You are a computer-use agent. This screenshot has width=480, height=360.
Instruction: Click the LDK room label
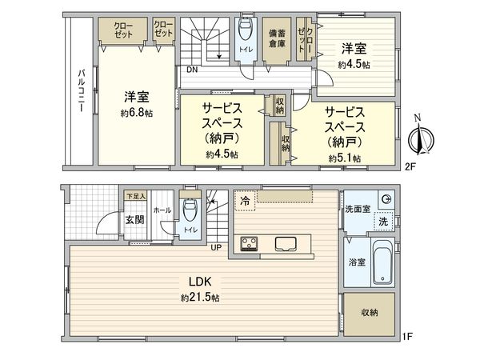(x=199, y=282)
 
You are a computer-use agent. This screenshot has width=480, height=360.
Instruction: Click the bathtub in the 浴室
(x=382, y=262)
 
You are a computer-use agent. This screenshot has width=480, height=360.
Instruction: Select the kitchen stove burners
(x=248, y=243)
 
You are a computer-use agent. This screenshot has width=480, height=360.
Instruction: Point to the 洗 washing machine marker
(x=383, y=221)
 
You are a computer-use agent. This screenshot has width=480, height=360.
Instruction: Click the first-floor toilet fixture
(x=190, y=213)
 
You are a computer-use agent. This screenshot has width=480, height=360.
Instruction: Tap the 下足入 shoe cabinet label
(x=134, y=195)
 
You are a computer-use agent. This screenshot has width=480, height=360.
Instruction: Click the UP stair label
(x=215, y=246)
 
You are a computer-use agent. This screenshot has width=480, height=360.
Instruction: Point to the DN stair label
(x=192, y=70)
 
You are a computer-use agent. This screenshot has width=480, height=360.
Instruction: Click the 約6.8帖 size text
(x=138, y=114)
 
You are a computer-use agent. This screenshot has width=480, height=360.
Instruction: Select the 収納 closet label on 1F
(x=369, y=312)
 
